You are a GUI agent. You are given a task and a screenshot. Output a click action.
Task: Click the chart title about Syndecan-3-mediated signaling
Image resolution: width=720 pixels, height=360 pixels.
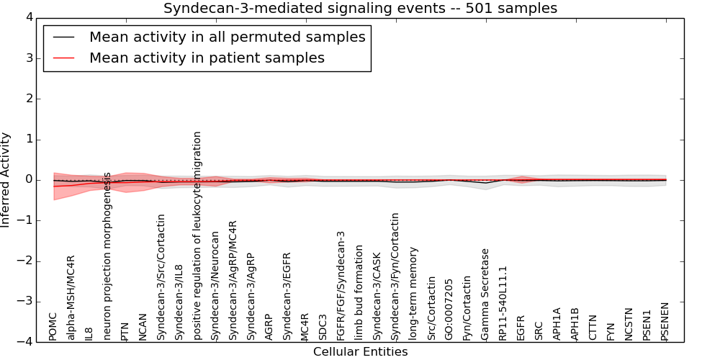360,9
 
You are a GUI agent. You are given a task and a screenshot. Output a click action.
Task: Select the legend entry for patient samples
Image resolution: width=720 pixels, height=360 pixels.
207,58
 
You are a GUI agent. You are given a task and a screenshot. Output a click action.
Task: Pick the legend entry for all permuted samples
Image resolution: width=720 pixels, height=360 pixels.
227,37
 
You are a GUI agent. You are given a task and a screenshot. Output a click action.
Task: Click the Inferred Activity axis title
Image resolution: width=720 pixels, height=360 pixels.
6,180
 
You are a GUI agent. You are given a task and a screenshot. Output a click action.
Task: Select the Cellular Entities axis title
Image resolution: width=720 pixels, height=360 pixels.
360,352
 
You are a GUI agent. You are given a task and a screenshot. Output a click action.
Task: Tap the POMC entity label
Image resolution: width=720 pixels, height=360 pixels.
53,327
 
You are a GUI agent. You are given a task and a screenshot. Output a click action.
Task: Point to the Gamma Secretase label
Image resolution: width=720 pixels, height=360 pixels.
485,294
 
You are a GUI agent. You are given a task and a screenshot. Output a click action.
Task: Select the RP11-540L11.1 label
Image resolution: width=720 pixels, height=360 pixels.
503,302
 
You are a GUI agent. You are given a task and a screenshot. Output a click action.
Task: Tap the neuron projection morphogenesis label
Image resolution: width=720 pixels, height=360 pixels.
107,256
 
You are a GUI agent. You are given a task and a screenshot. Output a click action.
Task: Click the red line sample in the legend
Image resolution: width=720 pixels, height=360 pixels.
63,58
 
